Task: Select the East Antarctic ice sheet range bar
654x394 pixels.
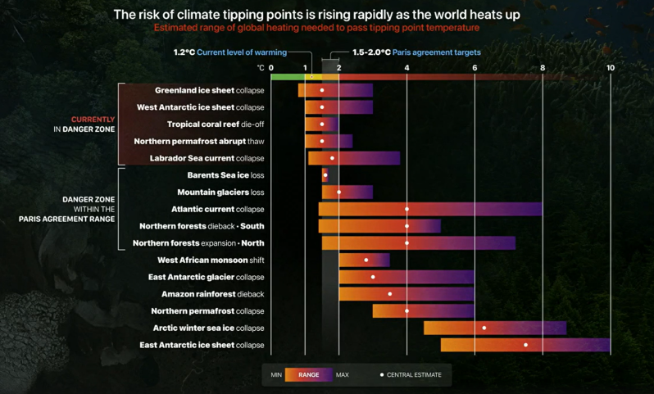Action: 525,345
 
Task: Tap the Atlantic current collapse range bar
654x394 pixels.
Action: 429,209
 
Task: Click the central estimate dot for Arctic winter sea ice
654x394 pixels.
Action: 484,328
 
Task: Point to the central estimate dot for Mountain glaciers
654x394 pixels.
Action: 339,192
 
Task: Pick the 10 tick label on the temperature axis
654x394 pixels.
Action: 610,67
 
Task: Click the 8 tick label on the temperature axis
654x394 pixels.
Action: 542,67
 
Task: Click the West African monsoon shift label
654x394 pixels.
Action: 211,260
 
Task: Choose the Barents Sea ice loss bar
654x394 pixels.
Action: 325,175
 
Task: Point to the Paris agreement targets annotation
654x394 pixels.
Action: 416,52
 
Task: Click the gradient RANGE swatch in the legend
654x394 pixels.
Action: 309,374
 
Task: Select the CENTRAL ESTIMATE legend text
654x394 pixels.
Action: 415,374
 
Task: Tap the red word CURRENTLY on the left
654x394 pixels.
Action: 93,120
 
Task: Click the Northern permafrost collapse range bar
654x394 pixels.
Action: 423,310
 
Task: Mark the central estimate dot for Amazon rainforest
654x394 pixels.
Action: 390,294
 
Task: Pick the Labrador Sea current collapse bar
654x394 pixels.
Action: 353,158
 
